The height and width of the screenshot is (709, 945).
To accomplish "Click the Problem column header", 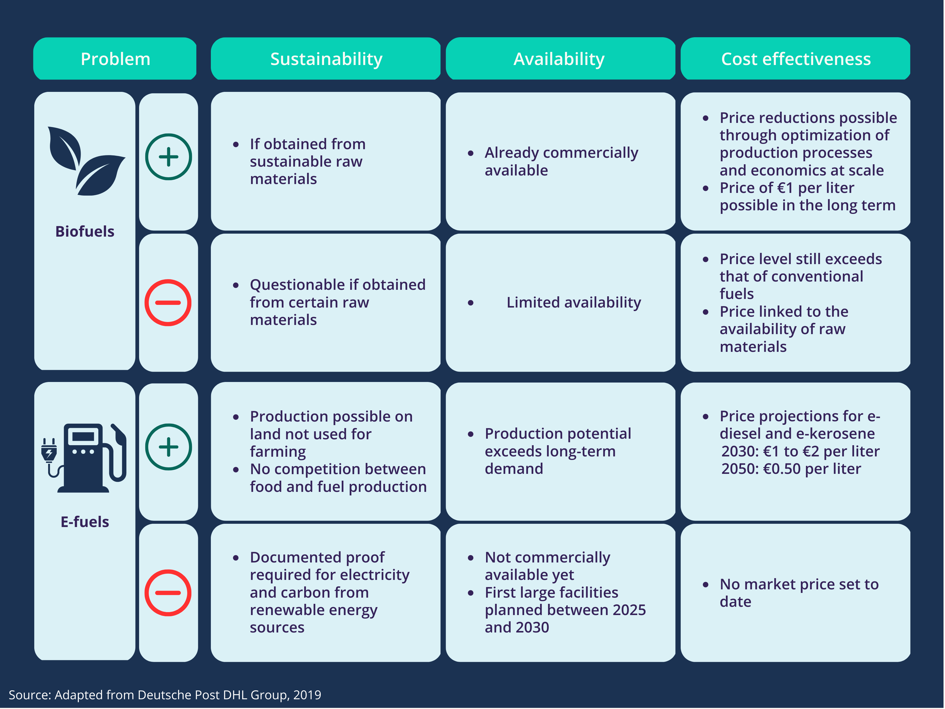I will coord(115,59).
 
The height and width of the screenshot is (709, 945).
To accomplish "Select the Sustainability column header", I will coord(326,59).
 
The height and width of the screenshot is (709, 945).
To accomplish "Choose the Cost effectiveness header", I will coord(796,59).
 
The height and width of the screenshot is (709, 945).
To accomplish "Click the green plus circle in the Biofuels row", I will coord(168,157).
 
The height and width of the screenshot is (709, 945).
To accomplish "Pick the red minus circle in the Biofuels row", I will coord(168,303).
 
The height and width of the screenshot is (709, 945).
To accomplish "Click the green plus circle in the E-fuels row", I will coord(168,447).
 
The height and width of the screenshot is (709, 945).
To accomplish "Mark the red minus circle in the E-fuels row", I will coord(168,593).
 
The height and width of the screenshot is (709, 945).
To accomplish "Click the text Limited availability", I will coord(573,303).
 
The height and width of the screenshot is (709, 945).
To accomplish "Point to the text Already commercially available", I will coord(561,162).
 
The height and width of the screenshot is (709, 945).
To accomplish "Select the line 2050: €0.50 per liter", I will coord(791,469).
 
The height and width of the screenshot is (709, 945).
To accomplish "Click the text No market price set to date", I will coord(799,593).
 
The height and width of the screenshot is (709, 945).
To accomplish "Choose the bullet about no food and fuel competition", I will coord(338,478).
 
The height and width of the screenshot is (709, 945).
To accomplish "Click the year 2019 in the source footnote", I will coord(307,695).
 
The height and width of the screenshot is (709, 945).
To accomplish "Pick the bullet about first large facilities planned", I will coord(565,610).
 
